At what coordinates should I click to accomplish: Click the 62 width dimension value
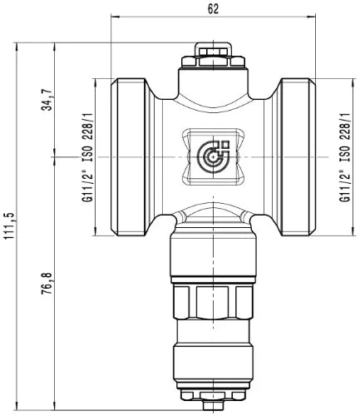pyautogui.click(x=213, y=9)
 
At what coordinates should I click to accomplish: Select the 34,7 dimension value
pyautogui.click(x=47, y=99)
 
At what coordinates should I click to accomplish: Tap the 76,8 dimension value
pyautogui.click(x=47, y=284)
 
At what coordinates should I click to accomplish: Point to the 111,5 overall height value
pyautogui.click(x=8, y=226)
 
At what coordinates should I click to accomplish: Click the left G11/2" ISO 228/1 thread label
pyautogui.click(x=88, y=157)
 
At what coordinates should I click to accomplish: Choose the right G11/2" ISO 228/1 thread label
pyautogui.click(x=345, y=157)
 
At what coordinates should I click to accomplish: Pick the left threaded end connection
pyautogui.click(x=128, y=157)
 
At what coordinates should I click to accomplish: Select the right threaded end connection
pyautogui.click(x=298, y=157)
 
